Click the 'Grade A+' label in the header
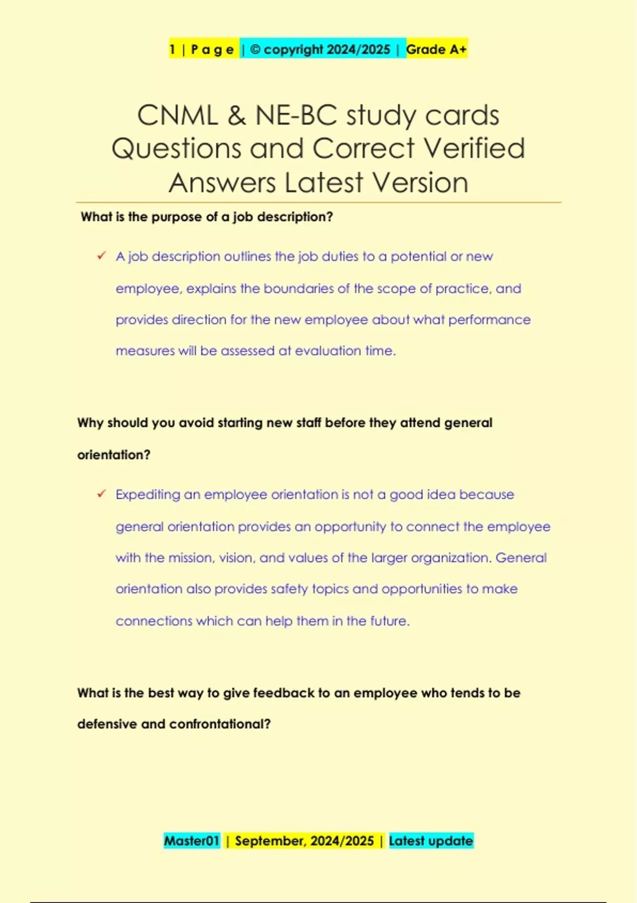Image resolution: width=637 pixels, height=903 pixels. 436,49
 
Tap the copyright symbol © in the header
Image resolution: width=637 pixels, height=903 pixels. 255,49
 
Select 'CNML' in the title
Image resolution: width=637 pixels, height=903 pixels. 177,115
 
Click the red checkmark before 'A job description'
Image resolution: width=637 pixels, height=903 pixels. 101,256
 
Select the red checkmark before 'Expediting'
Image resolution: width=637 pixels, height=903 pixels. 101,494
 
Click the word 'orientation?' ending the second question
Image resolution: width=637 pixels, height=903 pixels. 114,455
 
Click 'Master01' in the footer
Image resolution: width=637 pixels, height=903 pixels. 192,841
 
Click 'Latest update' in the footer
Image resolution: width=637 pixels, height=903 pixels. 431,841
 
